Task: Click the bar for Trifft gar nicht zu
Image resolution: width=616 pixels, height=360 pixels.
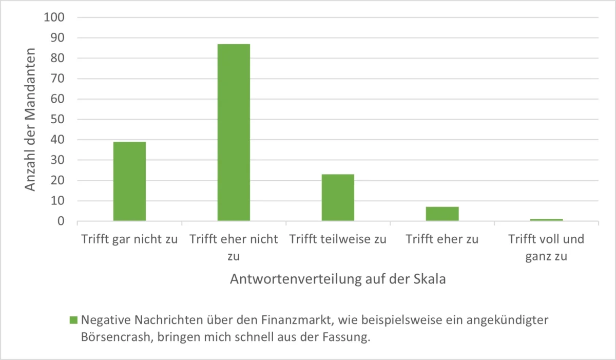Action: [129, 181]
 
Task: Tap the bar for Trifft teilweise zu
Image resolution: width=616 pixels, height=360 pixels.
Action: [338, 198]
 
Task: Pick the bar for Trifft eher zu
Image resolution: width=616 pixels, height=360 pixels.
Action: [442, 214]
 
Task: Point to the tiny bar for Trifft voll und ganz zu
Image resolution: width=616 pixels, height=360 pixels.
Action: [546, 220]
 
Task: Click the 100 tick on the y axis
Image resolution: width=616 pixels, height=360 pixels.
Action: [56, 17]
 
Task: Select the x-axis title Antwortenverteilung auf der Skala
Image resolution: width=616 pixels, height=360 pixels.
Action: [337, 279]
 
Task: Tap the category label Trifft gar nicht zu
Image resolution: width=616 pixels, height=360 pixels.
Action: [129, 239]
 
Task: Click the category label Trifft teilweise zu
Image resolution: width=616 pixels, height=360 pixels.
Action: [338, 239]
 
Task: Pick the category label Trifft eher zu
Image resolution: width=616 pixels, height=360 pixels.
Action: [442, 239]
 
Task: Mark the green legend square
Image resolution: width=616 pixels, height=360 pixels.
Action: [73, 320]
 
